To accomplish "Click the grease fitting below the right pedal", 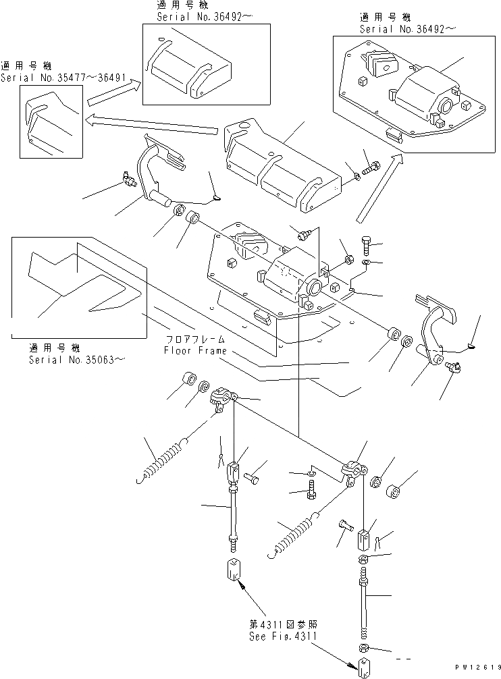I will point(454,367).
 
